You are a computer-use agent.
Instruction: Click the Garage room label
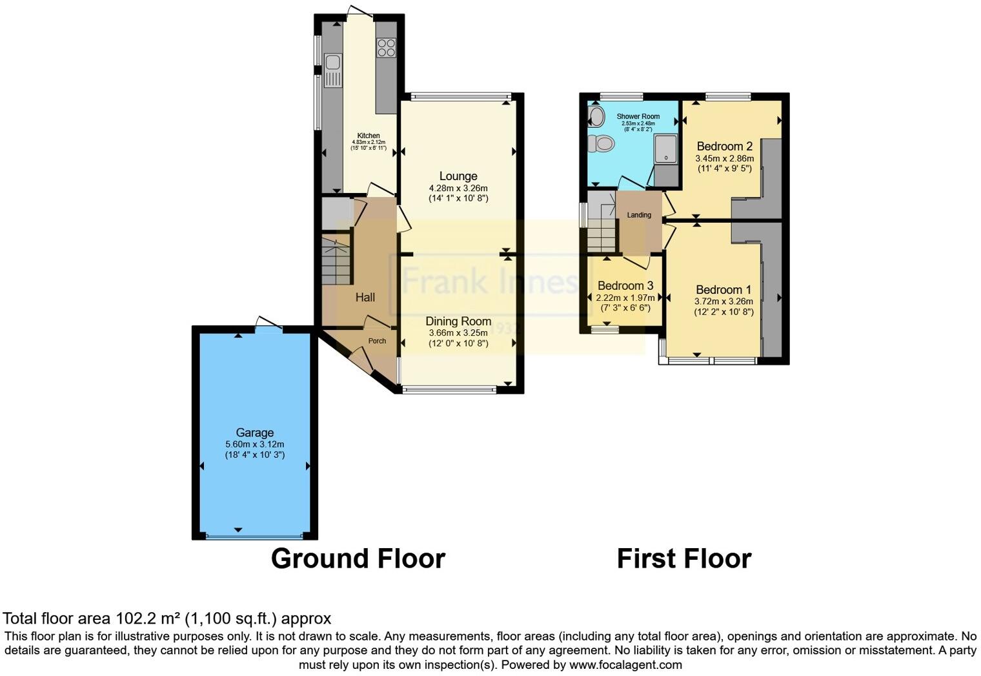254,433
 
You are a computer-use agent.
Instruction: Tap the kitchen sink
332,63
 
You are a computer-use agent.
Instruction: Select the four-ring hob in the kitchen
387,47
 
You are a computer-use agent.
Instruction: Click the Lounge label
458,176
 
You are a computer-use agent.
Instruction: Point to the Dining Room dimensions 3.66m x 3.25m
458,333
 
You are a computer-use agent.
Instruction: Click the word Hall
365,297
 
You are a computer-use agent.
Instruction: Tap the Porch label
377,341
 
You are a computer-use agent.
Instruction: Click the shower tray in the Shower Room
665,149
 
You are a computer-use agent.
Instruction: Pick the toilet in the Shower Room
603,143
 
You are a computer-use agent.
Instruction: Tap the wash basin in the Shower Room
596,117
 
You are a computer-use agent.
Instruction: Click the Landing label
639,215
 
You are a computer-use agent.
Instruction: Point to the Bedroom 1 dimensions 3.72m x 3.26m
723,301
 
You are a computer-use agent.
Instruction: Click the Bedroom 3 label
625,285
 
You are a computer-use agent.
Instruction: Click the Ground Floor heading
358,558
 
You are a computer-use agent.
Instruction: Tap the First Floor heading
684,558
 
